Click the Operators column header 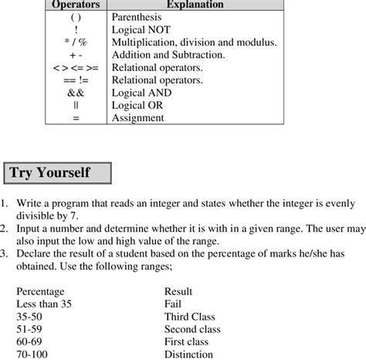tap(75, 5)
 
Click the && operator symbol tap(76, 93)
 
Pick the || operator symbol tap(76, 105)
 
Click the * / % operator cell tap(76, 42)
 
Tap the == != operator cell tap(76, 80)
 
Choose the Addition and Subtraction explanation tap(168, 55)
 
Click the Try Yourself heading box tap(58, 173)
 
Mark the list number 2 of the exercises tap(5, 229)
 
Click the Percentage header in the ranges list tap(41, 291)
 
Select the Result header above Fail tap(178, 291)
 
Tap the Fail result tap(173, 304)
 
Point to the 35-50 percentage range tap(29, 317)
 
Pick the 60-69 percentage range tap(29, 341)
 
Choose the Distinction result tap(188, 354)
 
